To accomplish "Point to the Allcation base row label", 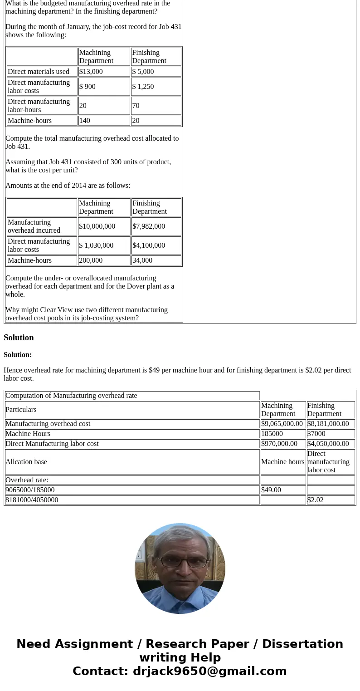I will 26,462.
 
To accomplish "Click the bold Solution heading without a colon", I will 19,338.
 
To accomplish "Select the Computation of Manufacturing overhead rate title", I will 71,396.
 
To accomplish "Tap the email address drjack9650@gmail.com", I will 209,671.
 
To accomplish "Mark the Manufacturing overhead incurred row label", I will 34,226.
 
